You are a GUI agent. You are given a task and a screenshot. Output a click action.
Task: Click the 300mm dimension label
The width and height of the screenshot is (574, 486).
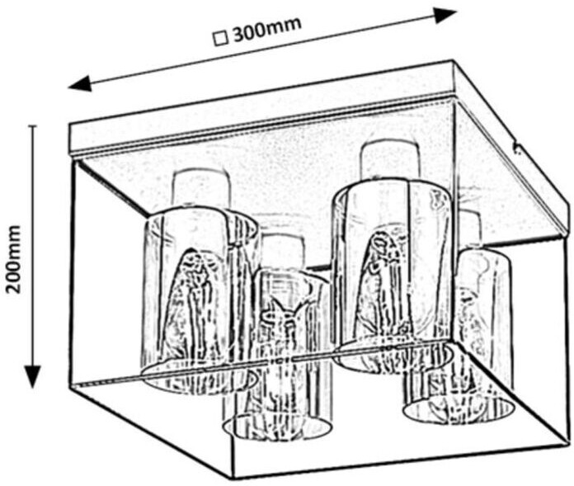pos(266,30)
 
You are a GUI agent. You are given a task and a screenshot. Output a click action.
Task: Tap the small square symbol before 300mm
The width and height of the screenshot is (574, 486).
pos(219,37)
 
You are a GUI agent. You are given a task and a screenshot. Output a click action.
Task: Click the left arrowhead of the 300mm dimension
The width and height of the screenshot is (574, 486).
pos(79,83)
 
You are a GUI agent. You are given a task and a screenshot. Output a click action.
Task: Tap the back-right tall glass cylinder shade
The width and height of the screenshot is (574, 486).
pos(392,272)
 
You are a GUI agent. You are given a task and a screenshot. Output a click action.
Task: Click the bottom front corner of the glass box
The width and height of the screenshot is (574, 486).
pos(232,477)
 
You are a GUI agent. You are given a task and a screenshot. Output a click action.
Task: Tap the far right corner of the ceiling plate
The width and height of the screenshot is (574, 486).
pos(569,221)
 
